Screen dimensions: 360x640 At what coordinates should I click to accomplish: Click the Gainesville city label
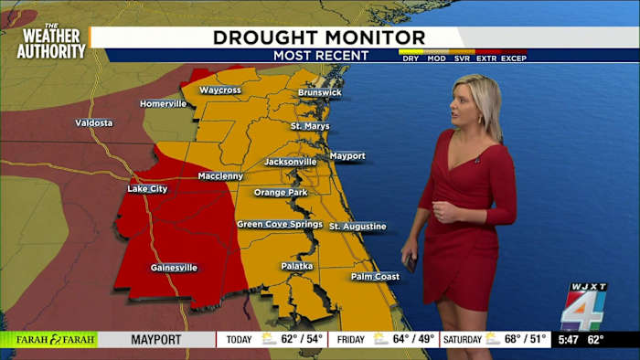pyautogui.click(x=174, y=268)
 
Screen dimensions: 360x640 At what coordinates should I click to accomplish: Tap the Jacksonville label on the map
pyautogui.click(x=290, y=162)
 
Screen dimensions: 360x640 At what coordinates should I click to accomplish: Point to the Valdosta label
pyautogui.click(x=94, y=122)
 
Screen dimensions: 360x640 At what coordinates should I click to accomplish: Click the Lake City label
pyautogui.click(x=148, y=189)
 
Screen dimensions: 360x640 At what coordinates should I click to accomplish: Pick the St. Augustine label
pyautogui.click(x=357, y=226)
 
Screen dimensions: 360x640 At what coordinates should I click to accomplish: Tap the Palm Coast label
pyautogui.click(x=376, y=276)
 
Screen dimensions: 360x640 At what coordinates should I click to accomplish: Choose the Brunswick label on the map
pyautogui.click(x=319, y=92)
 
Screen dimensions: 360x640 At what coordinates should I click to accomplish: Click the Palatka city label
pyautogui.click(x=296, y=266)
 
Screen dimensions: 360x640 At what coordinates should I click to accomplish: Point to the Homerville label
pyautogui.click(x=163, y=103)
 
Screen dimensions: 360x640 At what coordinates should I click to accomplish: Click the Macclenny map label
pyautogui.click(x=219, y=175)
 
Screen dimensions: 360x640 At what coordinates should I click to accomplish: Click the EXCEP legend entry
pyautogui.click(x=513, y=58)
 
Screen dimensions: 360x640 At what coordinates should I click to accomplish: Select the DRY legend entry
pyautogui.click(x=410, y=58)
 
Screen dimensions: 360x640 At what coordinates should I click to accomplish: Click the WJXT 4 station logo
pyautogui.click(x=583, y=307)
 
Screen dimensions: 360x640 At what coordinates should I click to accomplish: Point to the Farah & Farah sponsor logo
pyautogui.click(x=48, y=339)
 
